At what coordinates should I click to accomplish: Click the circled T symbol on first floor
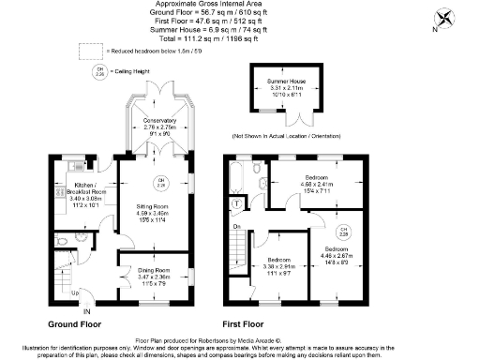pyautogui.click(x=239, y=203)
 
